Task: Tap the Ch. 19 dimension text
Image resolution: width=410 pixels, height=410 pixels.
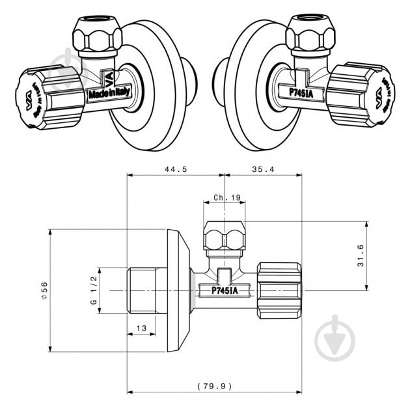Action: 226,197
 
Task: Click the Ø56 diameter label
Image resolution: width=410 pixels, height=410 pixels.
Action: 44,290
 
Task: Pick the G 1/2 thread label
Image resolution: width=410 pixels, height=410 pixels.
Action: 93,290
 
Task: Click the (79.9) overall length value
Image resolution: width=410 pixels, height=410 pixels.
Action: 214,386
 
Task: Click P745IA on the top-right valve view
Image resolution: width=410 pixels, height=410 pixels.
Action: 302,92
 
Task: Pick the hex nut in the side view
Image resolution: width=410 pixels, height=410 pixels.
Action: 225,236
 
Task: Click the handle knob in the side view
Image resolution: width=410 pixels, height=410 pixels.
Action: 279,288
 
